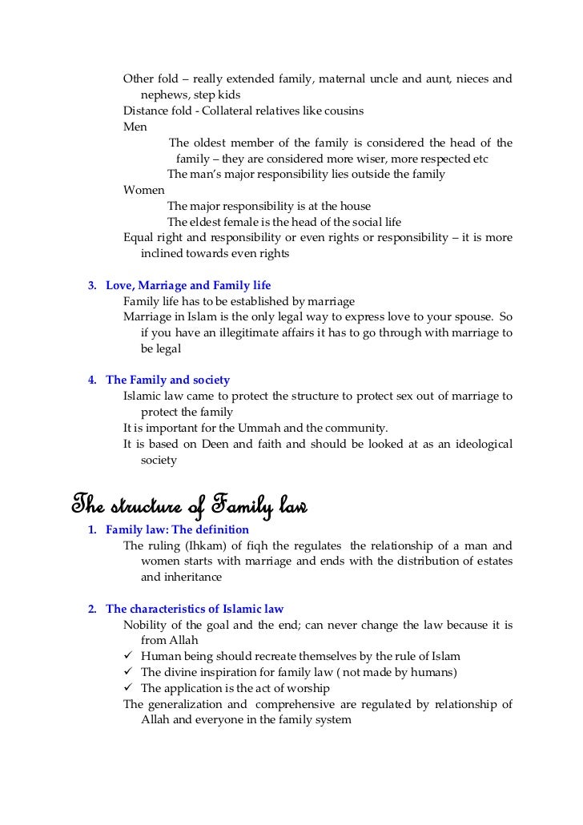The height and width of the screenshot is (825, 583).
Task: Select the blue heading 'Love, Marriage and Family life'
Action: pos(188,285)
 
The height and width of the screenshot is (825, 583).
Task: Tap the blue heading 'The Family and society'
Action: pos(167,380)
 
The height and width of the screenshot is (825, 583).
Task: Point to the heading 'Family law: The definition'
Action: pos(177,530)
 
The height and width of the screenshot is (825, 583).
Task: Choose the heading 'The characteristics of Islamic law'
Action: pos(195,609)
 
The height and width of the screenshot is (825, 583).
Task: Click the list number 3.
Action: pos(92,285)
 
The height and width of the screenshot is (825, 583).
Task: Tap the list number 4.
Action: pos(92,380)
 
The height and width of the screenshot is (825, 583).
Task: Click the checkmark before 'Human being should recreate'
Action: pos(129,656)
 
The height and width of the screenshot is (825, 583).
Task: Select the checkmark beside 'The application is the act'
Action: pos(129,688)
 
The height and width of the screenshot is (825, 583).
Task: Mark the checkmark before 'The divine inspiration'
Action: pos(129,672)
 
